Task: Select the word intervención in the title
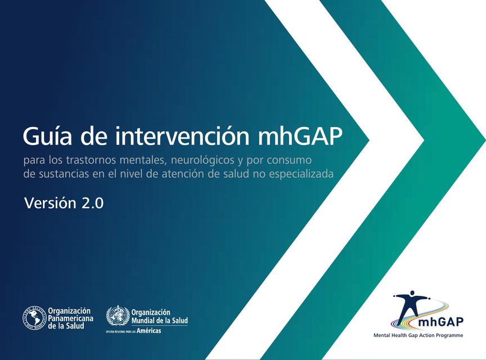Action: coord(170,136)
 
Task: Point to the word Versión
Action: coord(49,203)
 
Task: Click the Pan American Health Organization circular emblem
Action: coord(34,318)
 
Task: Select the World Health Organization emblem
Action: coord(118,317)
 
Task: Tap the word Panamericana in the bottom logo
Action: coord(70,318)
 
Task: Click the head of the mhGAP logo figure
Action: coord(415,294)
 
